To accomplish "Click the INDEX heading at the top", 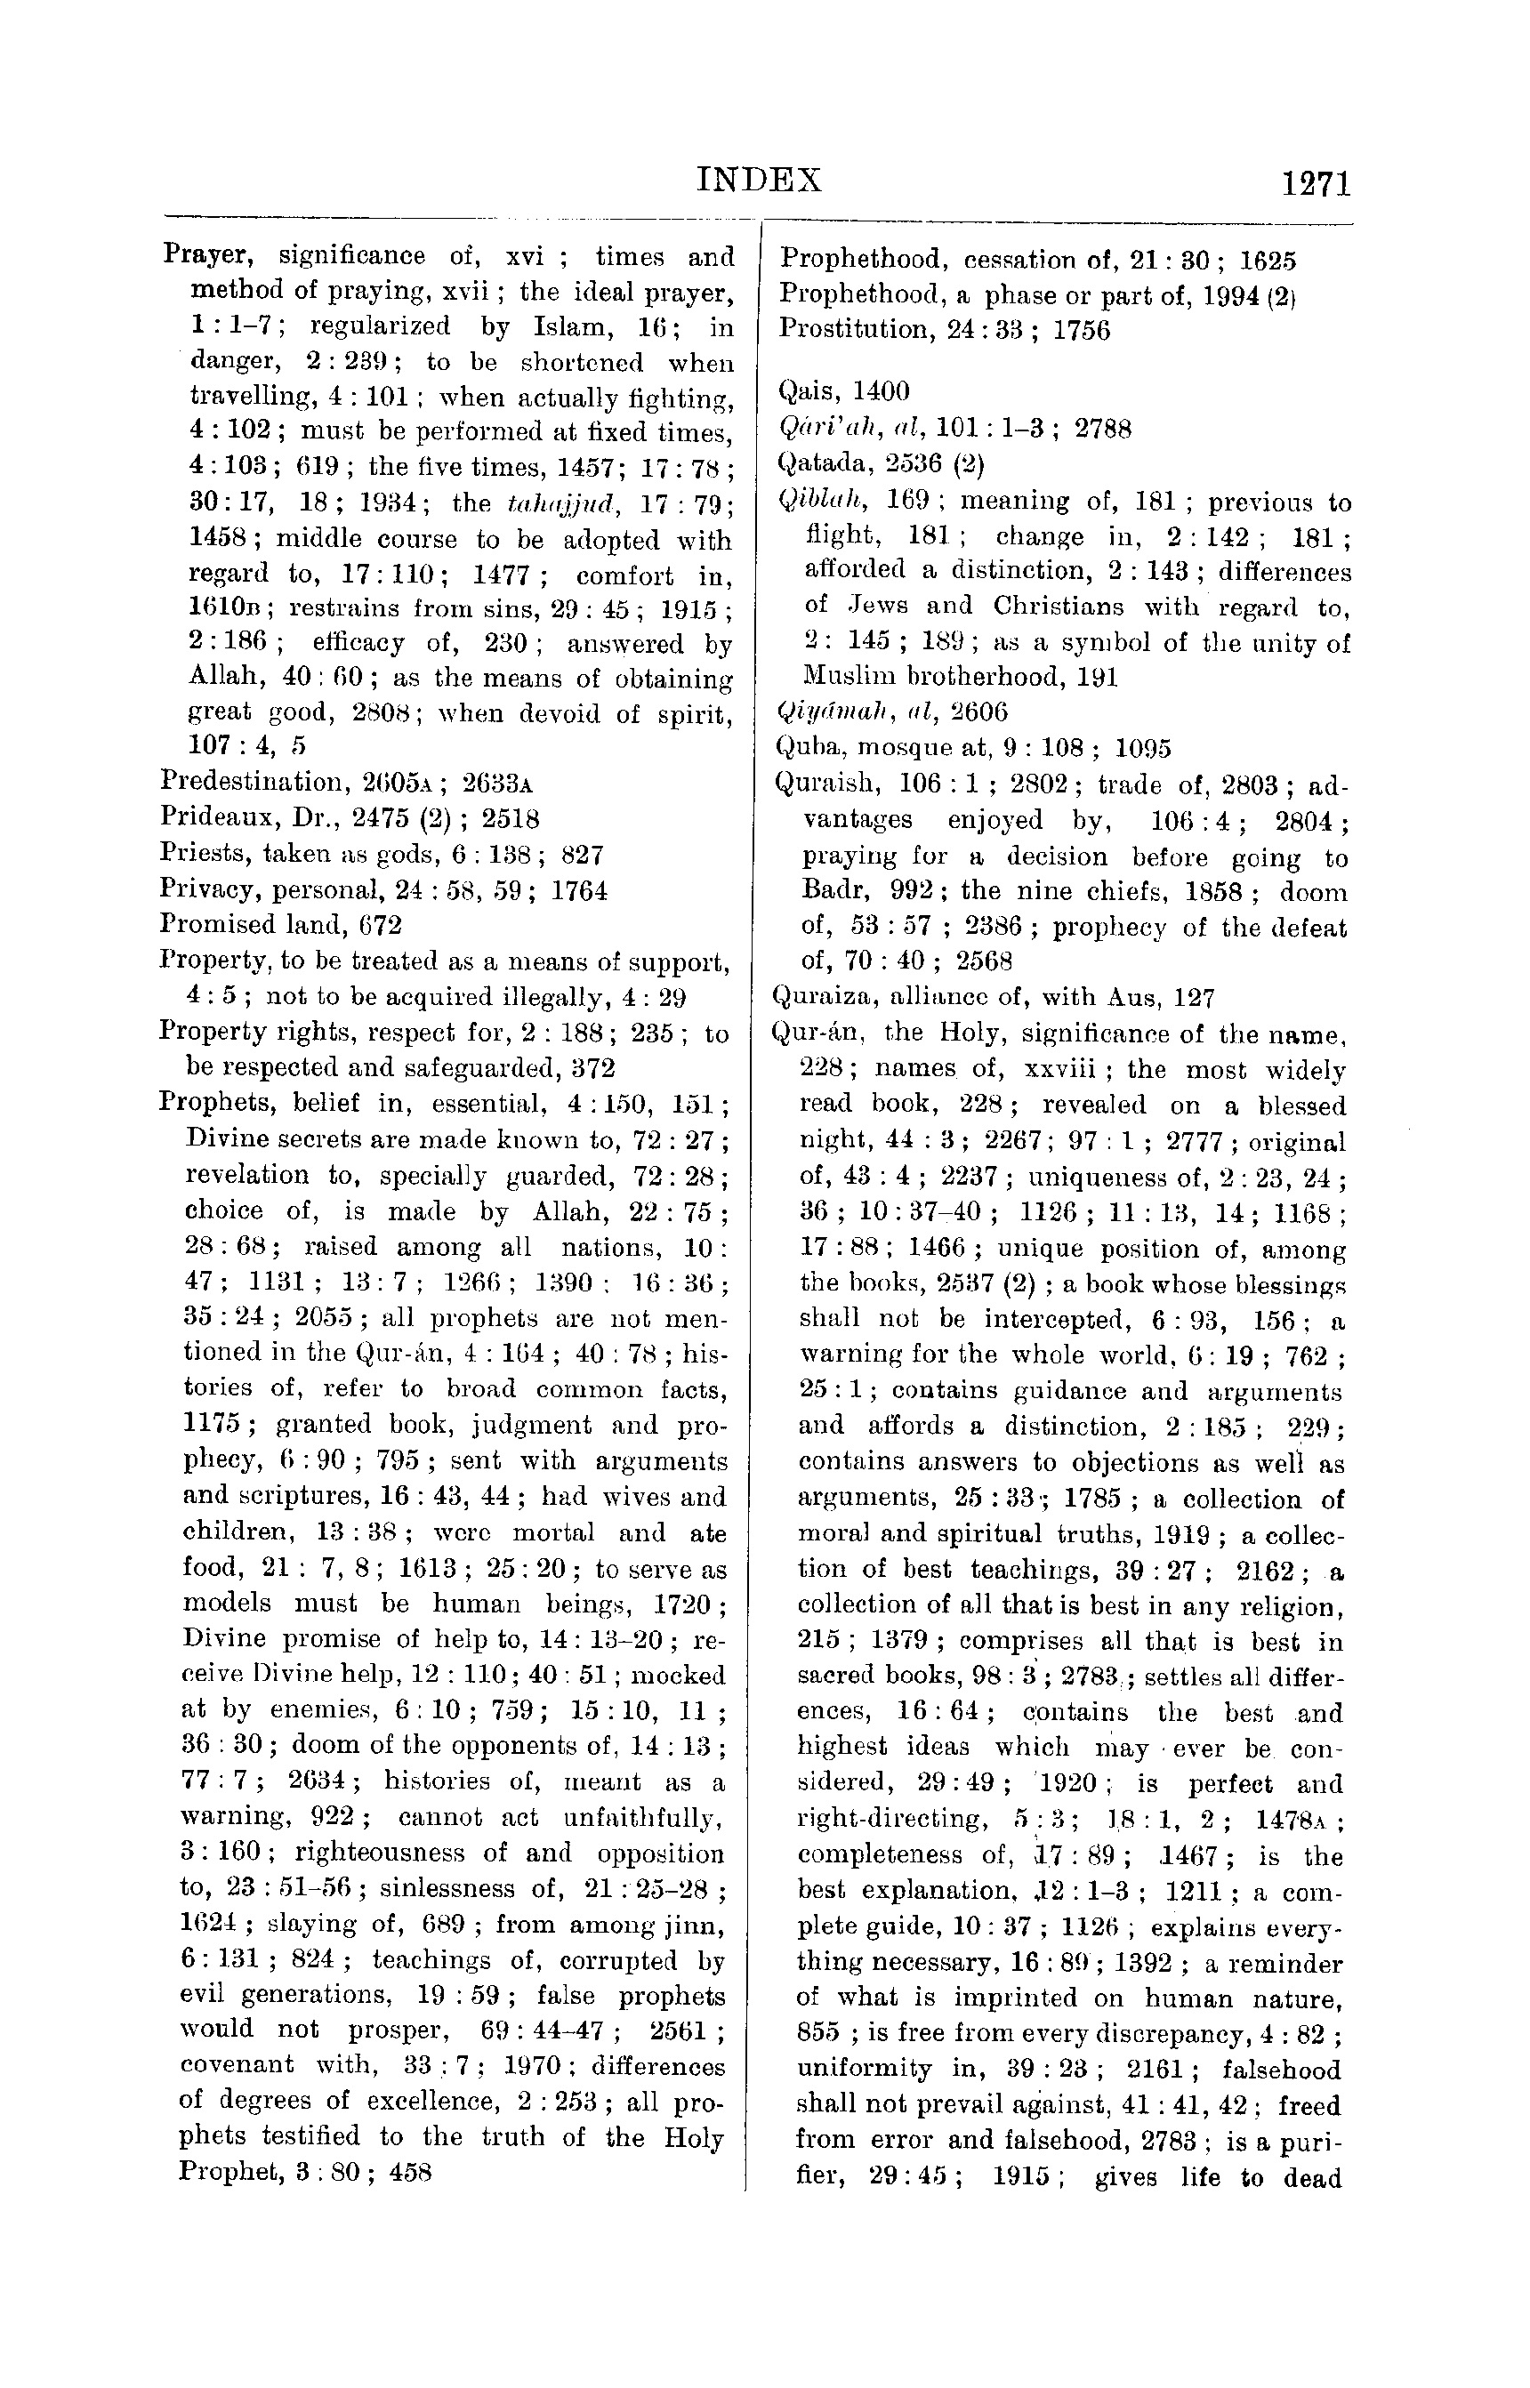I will coord(759,180).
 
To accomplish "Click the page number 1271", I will coord(1317,185).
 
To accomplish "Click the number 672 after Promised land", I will coord(380,925).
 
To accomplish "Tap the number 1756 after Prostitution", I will coord(1081,330).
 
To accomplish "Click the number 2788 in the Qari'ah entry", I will coord(1103,428).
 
